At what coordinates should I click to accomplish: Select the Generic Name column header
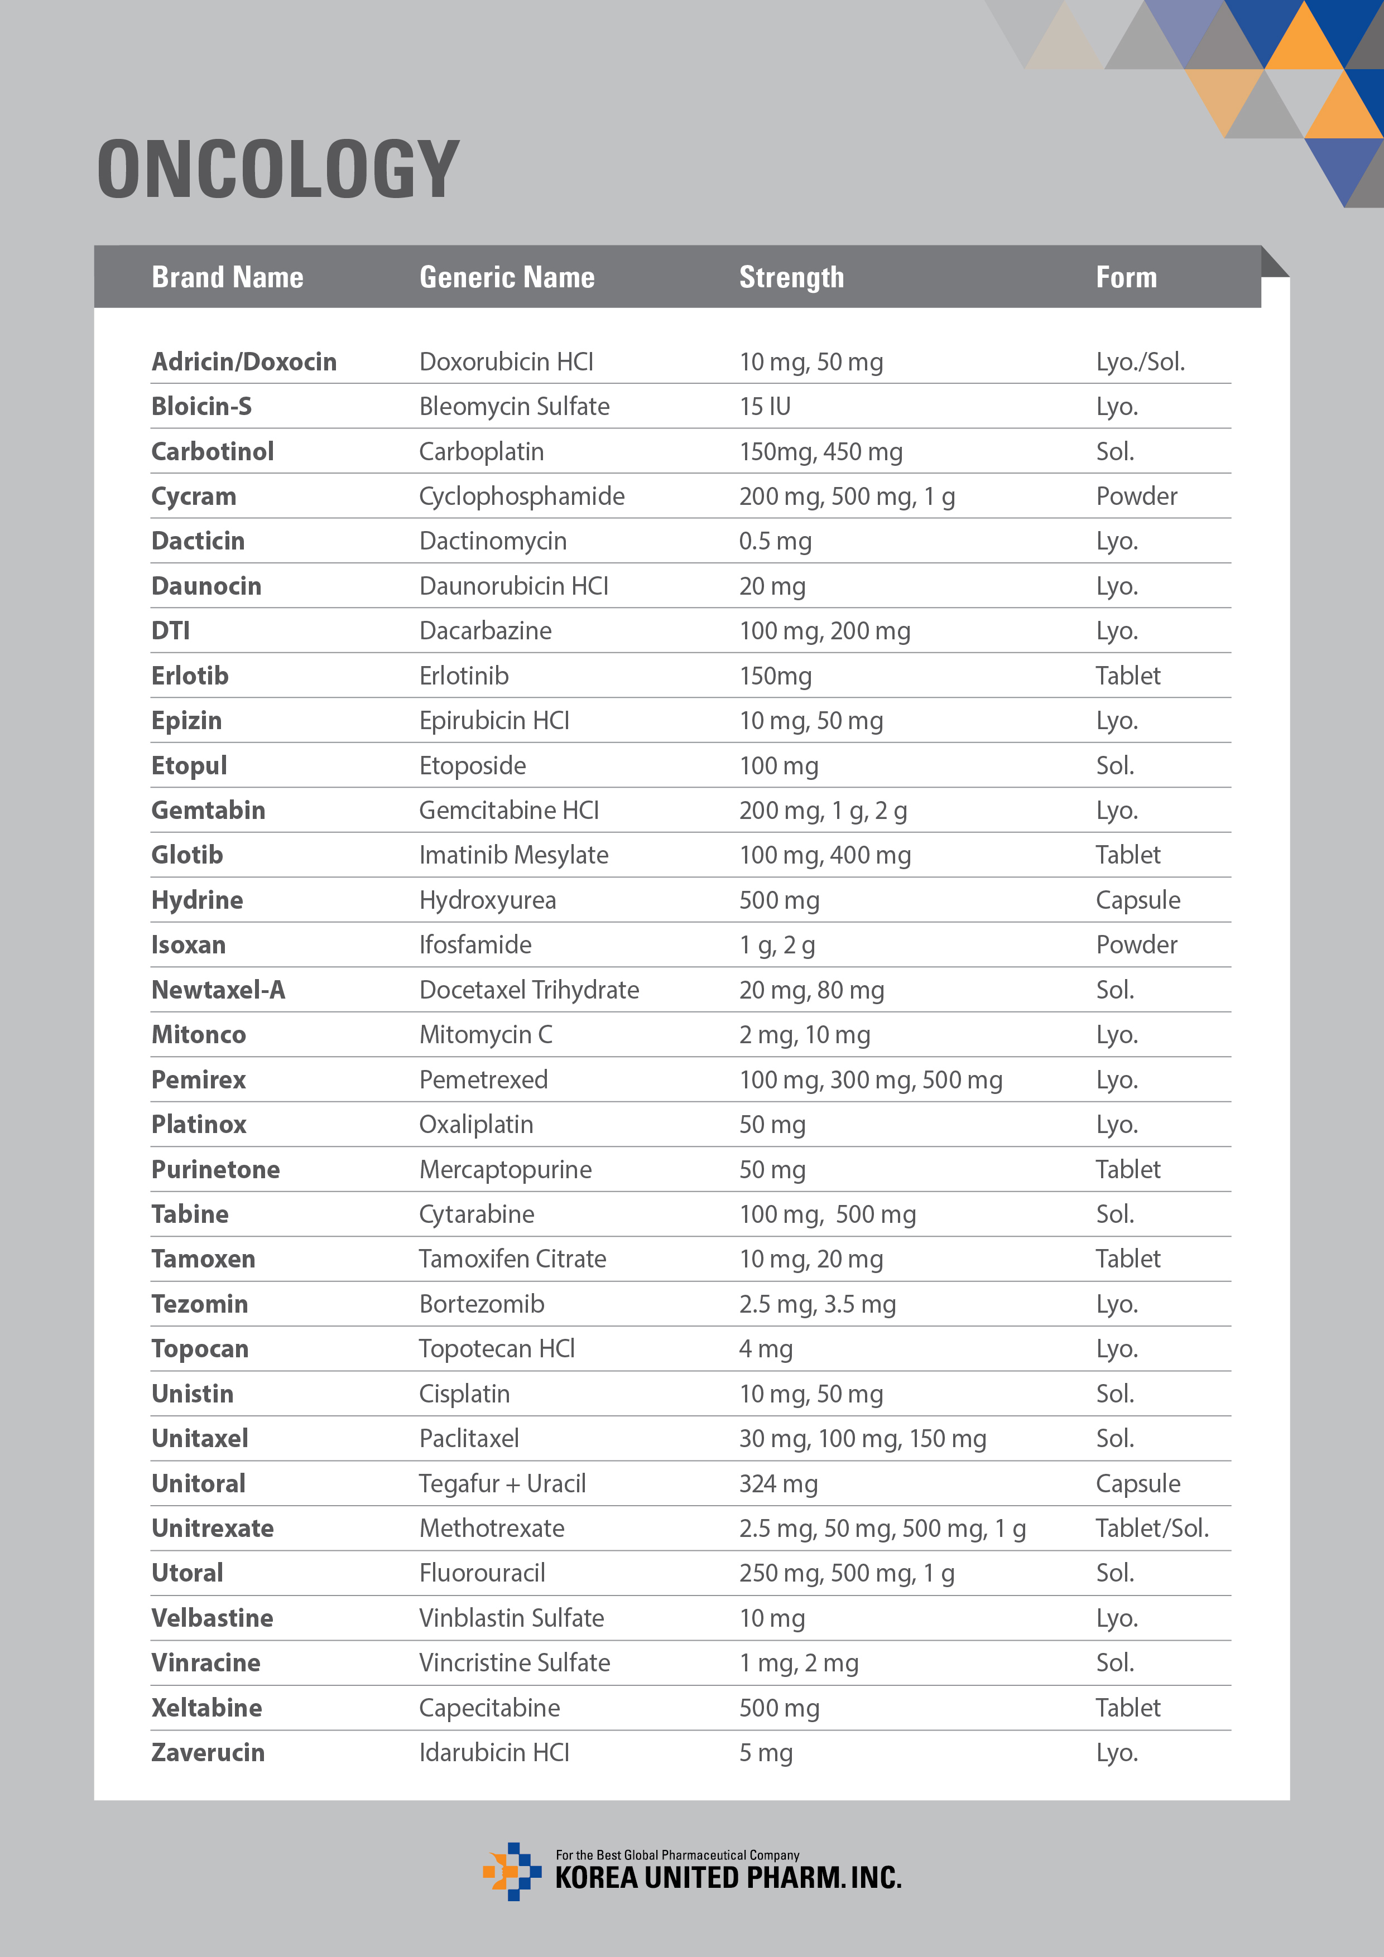[x=507, y=277]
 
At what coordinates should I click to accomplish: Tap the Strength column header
[x=791, y=277]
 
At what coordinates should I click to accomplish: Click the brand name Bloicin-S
[x=201, y=407]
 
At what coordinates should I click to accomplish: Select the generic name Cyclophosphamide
[x=521, y=496]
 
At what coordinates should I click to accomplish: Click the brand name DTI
[x=171, y=631]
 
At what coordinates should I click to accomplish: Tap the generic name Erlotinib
[x=464, y=676]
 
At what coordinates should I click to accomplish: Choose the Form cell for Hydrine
[x=1137, y=900]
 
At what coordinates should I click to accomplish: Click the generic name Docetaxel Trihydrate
[x=528, y=990]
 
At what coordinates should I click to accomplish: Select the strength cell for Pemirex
[x=870, y=1080]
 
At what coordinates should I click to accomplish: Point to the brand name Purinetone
[x=215, y=1169]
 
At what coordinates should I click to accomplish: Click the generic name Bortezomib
[x=481, y=1304]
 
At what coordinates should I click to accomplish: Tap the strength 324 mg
[x=778, y=1484]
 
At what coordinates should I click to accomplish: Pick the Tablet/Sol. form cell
[x=1152, y=1528]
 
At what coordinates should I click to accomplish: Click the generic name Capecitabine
[x=489, y=1708]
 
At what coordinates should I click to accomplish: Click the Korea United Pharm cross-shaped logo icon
[x=512, y=1871]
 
